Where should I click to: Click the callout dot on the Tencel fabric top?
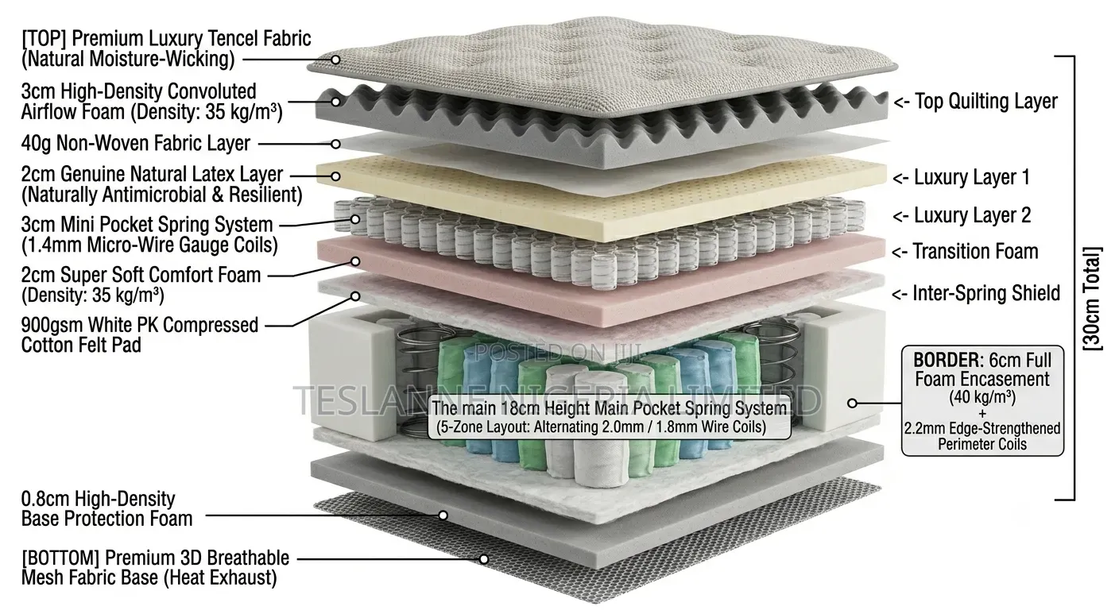tap(335, 60)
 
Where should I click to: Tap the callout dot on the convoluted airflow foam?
tap(335, 102)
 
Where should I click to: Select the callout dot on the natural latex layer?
tap(335, 176)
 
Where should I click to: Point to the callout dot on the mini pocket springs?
tap(355, 219)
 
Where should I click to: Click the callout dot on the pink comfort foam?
tap(355, 261)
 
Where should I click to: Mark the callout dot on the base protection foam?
tap(443, 515)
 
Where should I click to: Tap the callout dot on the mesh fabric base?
tap(483, 559)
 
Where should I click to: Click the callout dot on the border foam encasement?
tap(853, 403)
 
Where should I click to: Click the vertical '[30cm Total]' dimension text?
tap(1092, 299)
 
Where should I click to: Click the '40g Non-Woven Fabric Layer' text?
tap(135, 143)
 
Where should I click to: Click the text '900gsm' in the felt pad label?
tap(52, 326)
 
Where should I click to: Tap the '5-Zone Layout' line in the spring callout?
tap(601, 427)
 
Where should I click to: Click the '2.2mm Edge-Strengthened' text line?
tap(982, 428)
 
